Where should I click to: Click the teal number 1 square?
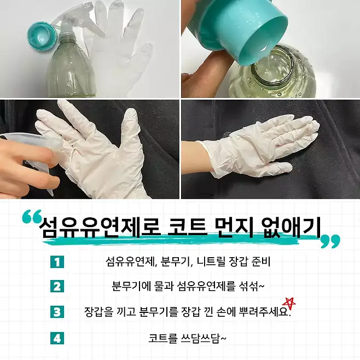[57, 262]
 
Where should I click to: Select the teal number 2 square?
[57, 287]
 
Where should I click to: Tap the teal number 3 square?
[57, 312]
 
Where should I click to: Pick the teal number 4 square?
[57, 338]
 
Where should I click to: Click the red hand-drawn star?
[290, 304]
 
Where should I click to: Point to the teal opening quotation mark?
[32, 216]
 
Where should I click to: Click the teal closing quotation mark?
[330, 241]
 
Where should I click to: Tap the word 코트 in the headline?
[187, 227]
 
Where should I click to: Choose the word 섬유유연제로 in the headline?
[100, 227]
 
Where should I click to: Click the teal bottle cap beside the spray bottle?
[42, 35]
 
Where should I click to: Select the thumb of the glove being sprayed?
[131, 127]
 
